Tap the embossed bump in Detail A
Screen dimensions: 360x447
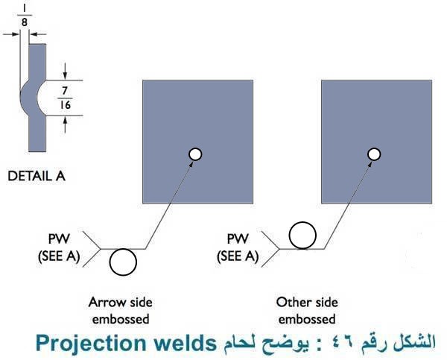pos(25,96)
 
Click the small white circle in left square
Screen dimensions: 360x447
pos(195,154)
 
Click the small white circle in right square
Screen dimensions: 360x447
pos(375,154)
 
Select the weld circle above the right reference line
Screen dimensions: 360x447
pos(302,235)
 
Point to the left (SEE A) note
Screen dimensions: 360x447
pos(58,257)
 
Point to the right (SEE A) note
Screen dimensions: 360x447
pos(238,257)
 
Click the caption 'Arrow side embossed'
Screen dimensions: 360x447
pos(119,311)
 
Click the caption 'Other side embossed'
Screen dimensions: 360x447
pos(307,311)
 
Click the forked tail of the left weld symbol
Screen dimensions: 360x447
pos(92,248)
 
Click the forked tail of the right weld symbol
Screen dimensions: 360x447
pos(270,248)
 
